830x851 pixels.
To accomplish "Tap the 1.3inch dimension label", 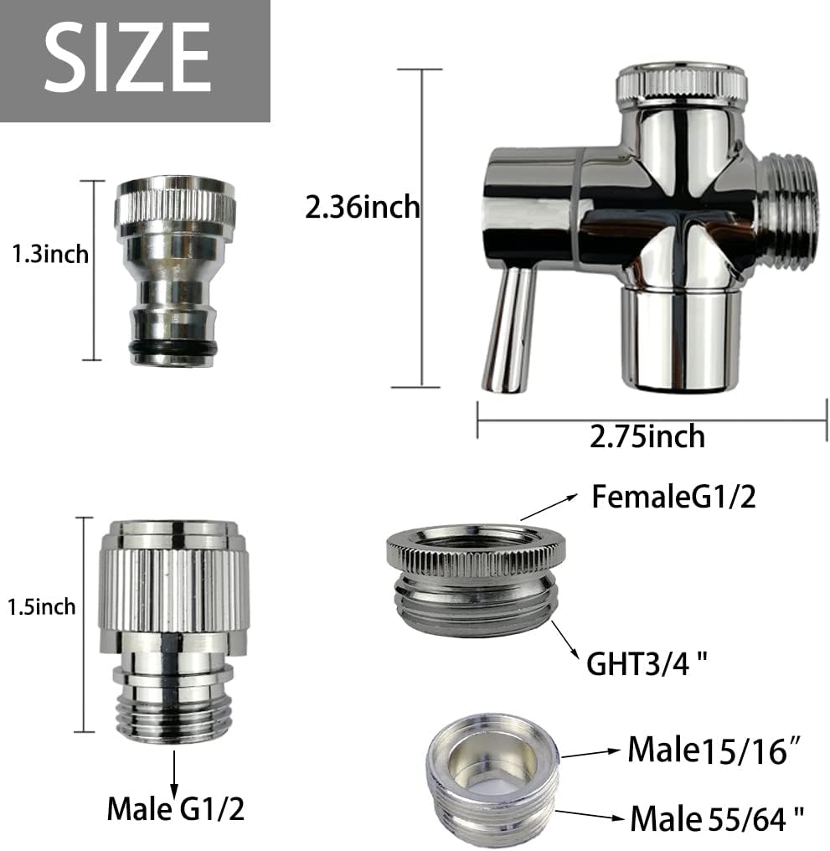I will pos(49,254).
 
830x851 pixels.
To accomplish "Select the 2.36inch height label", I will pos(362,206).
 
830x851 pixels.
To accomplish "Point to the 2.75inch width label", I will pos(647,436).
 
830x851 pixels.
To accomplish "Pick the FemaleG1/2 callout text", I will pos(673,497).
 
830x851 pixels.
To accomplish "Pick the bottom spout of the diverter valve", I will pos(680,339).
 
